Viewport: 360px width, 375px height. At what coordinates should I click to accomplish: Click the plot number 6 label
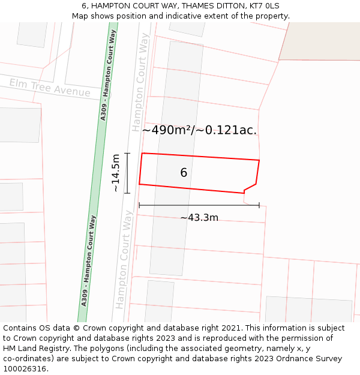tap(184, 173)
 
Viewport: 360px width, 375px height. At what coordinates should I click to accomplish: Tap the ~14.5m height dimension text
tap(116, 173)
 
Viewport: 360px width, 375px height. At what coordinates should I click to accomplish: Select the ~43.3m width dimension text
tap(199, 217)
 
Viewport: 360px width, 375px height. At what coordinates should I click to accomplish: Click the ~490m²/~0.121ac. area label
tap(199, 130)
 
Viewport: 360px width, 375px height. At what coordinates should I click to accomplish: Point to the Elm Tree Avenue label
tap(49, 88)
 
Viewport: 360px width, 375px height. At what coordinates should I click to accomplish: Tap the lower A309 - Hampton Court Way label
tap(88, 260)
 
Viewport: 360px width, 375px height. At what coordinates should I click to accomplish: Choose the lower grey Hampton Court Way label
tap(124, 259)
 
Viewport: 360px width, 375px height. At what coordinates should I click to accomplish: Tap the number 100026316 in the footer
tap(25, 369)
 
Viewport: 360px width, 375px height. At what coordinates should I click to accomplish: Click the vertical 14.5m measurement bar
tap(127, 173)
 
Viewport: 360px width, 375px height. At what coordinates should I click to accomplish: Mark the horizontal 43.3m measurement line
tap(199, 205)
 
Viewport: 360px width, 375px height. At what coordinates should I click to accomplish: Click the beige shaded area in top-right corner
tap(321, 42)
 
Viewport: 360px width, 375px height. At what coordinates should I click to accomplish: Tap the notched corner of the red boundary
tap(244, 191)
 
